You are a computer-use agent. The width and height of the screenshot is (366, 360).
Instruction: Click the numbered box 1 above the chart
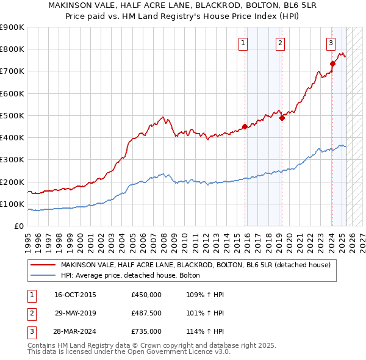click(243, 43)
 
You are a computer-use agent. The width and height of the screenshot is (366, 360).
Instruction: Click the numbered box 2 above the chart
click(279, 43)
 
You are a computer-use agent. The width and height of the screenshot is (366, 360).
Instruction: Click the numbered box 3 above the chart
click(330, 43)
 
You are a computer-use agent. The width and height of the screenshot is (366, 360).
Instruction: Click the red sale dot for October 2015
click(245, 127)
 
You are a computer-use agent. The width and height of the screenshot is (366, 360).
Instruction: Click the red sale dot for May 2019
click(282, 118)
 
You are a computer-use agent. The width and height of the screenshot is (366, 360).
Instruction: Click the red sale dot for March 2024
click(332, 63)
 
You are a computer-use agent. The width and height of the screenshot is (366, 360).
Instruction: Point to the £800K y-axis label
click(13, 49)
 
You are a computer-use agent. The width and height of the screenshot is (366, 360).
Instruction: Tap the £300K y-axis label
click(13, 160)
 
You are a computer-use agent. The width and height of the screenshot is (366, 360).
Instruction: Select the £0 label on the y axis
click(18, 226)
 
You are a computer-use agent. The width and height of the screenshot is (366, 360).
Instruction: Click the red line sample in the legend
click(43, 265)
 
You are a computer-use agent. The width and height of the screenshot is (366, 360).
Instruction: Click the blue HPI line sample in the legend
click(43, 275)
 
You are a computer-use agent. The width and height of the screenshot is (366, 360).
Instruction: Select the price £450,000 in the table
click(146, 295)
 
